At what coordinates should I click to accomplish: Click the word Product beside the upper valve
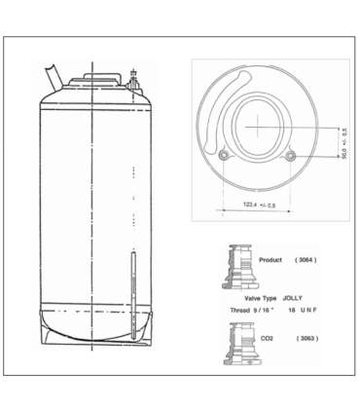coord(271,260)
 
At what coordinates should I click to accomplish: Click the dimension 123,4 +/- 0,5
coord(259,206)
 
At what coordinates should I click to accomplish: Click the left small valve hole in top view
coord(226,156)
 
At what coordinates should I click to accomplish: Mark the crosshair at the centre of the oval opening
coord(259,128)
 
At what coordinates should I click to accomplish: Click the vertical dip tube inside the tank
coord(130,293)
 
